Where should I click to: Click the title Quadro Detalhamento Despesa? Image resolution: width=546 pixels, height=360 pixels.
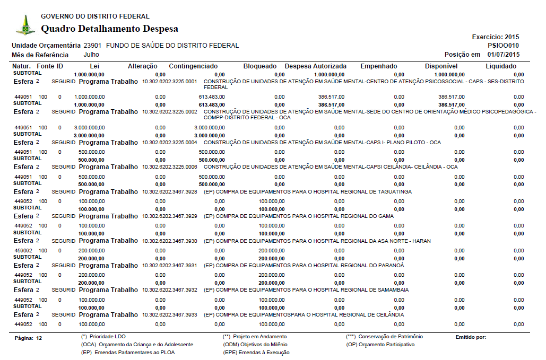tap(109, 29)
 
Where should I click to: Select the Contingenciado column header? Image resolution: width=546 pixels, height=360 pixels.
tap(193, 66)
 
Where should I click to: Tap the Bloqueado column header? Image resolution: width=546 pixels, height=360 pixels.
tap(259, 66)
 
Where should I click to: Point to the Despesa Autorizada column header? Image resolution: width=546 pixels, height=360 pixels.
tap(315, 66)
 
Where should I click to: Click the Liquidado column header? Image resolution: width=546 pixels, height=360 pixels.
tap(500, 66)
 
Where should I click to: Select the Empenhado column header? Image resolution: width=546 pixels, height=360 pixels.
tap(378, 66)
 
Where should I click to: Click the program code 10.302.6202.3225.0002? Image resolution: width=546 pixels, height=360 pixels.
tap(170, 112)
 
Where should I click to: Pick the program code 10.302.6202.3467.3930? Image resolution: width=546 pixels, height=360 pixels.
tap(170, 241)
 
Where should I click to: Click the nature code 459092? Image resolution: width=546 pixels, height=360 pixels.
tap(23, 250)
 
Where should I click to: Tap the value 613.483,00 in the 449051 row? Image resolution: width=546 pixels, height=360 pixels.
tap(212, 97)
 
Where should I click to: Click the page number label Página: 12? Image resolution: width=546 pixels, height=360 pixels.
tap(29, 338)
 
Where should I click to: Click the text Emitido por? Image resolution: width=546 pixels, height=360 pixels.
tap(471, 337)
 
